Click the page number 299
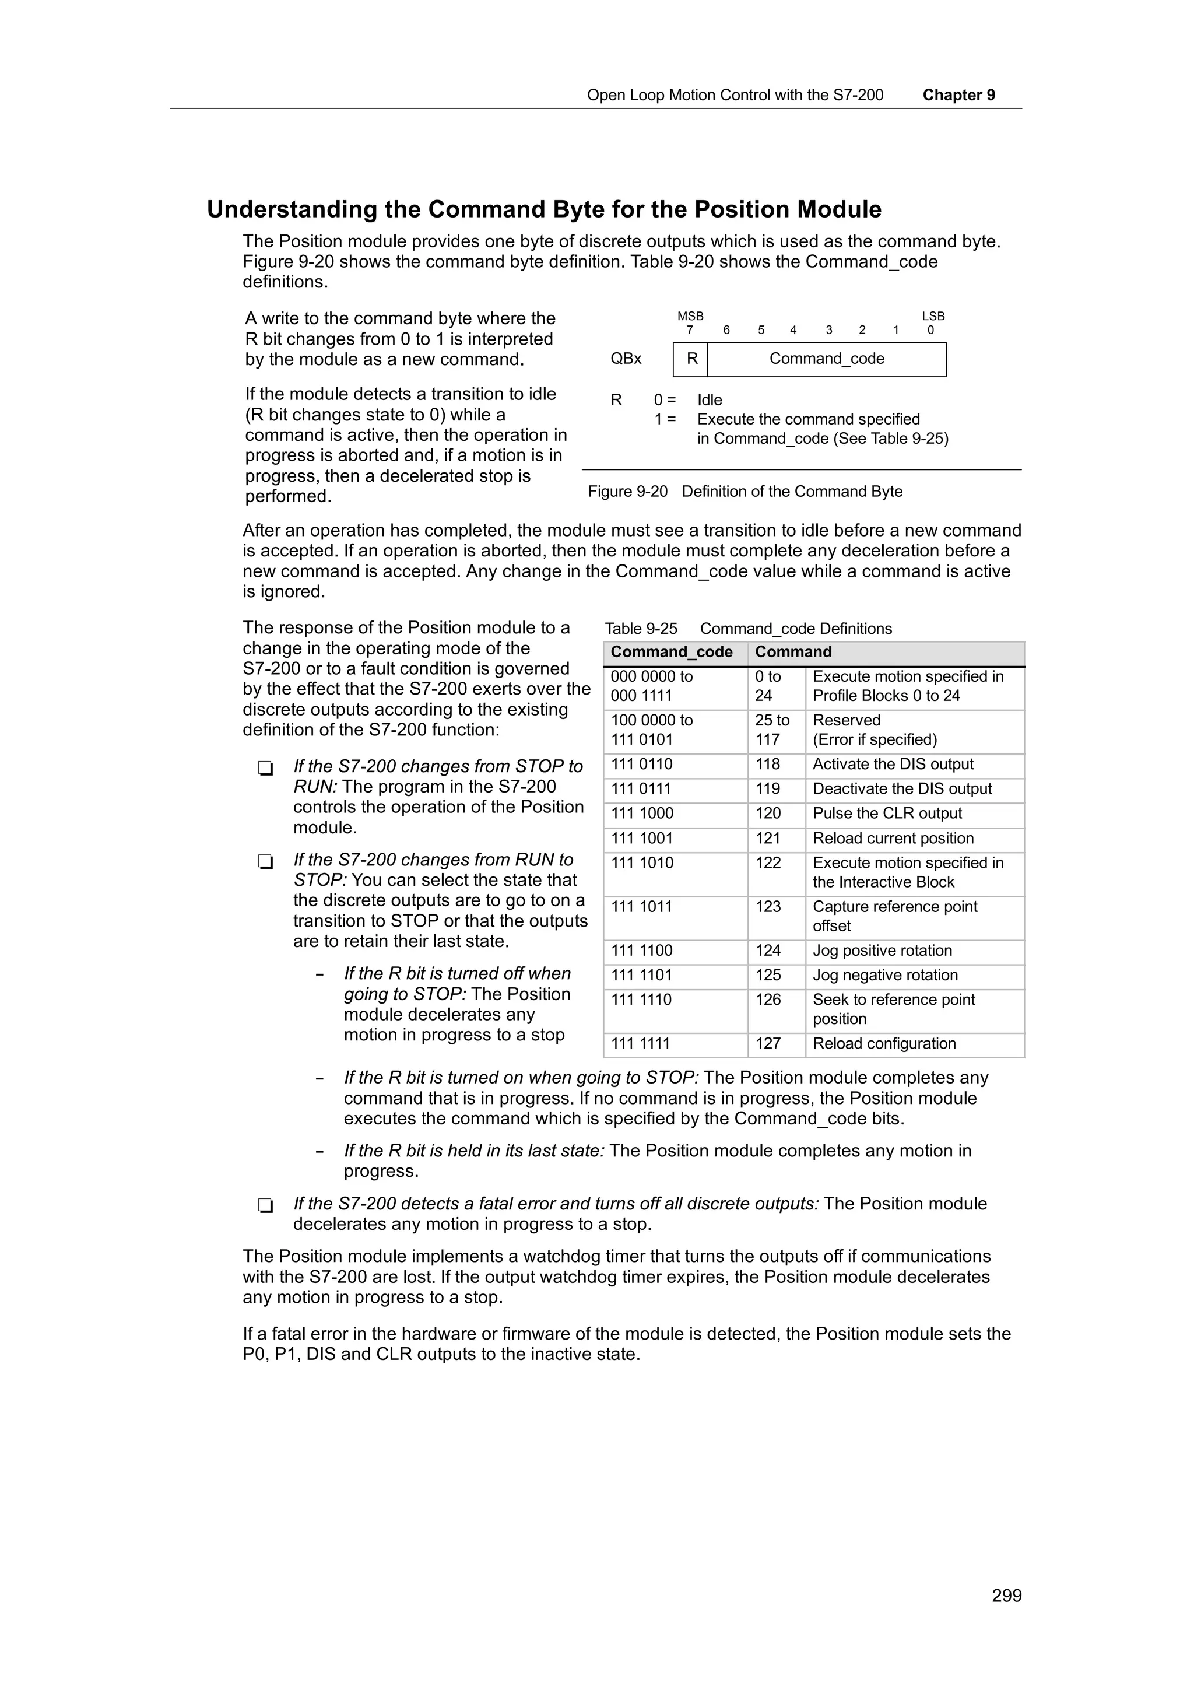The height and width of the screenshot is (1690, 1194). click(1006, 1595)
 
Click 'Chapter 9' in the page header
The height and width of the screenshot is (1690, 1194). click(958, 95)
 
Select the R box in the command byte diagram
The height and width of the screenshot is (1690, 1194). click(691, 359)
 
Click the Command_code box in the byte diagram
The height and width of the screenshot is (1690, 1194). click(826, 359)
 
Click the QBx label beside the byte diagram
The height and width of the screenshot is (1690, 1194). click(626, 359)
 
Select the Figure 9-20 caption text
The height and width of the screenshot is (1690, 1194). click(745, 492)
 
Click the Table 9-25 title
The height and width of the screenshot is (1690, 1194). click(747, 629)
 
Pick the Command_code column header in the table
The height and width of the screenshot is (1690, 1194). click(671, 652)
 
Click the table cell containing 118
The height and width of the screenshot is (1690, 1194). click(767, 765)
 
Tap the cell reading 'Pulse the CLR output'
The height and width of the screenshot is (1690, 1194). click(887, 814)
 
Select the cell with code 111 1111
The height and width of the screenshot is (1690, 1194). click(640, 1044)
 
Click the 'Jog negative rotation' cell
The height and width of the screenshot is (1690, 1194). click(885, 975)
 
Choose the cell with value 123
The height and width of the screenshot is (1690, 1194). click(767, 907)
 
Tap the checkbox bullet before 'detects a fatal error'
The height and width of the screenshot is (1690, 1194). click(266, 1205)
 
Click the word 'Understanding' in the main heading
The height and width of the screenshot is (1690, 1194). click(292, 210)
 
